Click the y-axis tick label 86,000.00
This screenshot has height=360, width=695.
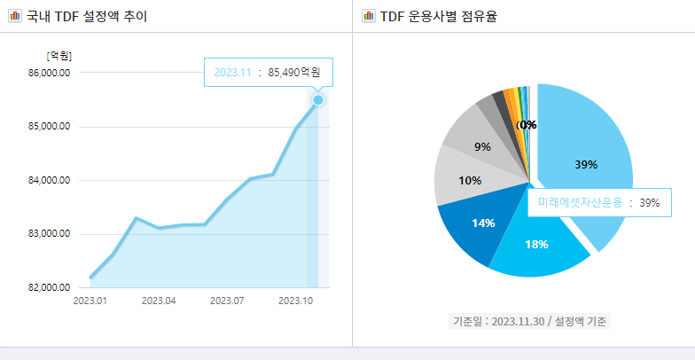51,73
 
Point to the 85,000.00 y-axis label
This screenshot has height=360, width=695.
51,127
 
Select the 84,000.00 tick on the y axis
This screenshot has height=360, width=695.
51,181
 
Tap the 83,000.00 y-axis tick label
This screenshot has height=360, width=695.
51,234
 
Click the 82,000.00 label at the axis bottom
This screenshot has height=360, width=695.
51,288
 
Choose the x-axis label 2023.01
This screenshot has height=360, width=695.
90,301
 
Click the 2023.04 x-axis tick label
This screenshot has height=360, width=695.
158,301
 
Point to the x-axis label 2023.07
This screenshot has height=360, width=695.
227,301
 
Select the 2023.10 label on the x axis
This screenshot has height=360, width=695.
296,301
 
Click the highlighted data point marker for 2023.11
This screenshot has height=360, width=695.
317,100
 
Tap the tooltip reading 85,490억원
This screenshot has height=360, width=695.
269,72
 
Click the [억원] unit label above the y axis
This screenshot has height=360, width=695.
59,56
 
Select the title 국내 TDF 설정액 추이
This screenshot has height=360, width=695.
87,16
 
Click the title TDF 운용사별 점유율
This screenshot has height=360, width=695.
438,16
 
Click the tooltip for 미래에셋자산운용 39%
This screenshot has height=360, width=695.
598,203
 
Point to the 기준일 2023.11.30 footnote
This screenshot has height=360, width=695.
529,320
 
